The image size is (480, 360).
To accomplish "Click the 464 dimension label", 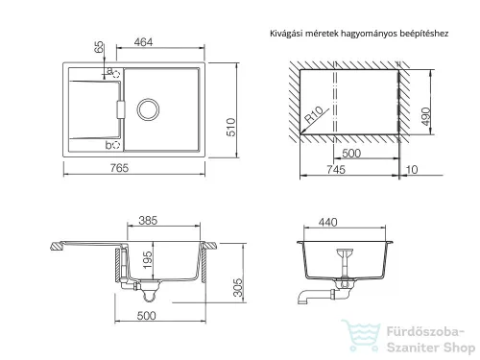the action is point(143,42).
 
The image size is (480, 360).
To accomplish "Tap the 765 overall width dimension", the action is point(119,168).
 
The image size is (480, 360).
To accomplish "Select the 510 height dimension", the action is point(231,127).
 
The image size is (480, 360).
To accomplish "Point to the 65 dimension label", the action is point(100,47).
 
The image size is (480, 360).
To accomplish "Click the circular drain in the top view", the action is point(148,109).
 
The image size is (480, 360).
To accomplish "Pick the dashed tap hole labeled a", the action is point(116,74).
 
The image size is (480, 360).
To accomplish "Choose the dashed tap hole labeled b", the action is point(116,145).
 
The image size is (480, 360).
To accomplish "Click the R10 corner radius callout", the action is point(314,115).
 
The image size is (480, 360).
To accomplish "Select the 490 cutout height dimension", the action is point(426,116).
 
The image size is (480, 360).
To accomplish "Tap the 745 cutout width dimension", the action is point(336,169).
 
